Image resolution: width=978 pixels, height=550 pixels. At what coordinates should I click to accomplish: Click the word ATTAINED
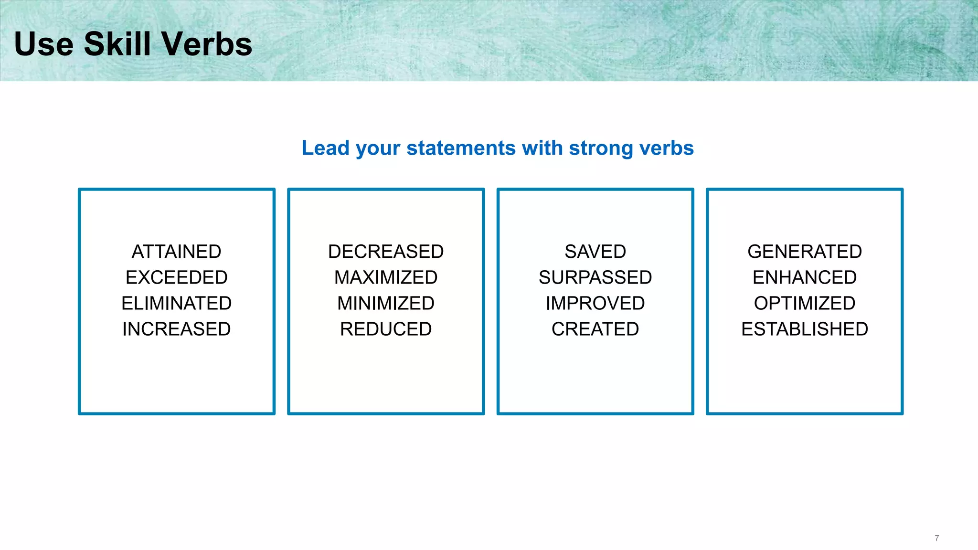pos(176,252)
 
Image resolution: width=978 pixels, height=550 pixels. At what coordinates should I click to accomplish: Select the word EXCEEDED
pos(176,277)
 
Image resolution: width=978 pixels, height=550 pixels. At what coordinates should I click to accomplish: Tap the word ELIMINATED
pos(176,303)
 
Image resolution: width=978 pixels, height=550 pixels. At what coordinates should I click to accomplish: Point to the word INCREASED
pos(176,329)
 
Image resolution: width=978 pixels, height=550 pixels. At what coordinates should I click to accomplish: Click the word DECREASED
pos(386,252)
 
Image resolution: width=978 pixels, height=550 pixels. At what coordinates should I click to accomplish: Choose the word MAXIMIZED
pos(386,277)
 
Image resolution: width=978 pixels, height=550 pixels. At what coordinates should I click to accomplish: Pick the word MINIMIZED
pos(386,303)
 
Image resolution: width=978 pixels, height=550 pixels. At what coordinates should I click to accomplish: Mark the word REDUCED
pos(386,329)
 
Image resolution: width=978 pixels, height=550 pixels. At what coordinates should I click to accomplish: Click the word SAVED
pos(595,252)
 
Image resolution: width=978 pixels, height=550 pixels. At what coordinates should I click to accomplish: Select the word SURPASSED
pos(595,277)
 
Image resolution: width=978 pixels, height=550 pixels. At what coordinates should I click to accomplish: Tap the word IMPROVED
pos(595,303)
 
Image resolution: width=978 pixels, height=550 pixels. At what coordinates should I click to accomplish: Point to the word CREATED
pos(595,329)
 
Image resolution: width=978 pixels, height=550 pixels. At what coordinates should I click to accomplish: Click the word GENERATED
pos(805,252)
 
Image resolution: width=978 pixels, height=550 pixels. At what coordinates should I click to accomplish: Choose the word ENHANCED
pos(805,277)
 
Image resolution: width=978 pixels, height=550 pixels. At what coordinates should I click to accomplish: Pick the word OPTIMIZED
pos(805,303)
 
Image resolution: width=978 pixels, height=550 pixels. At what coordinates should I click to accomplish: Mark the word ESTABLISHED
pos(805,329)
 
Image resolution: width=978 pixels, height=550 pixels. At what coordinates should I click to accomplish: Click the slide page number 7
pos(936,538)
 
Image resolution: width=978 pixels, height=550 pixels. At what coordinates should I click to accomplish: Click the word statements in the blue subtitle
pos(461,148)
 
